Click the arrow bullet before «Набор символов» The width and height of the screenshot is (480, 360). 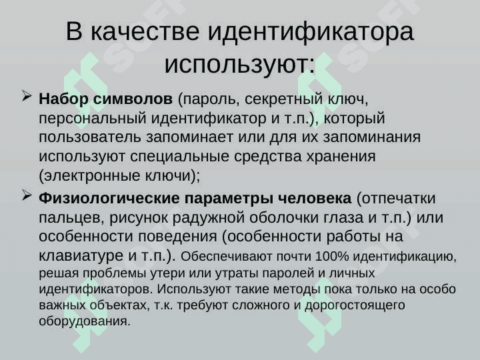(x=27, y=97)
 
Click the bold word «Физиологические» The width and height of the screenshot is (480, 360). (x=109, y=199)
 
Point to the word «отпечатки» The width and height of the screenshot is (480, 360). (x=399, y=199)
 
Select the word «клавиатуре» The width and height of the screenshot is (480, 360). (x=81, y=255)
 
